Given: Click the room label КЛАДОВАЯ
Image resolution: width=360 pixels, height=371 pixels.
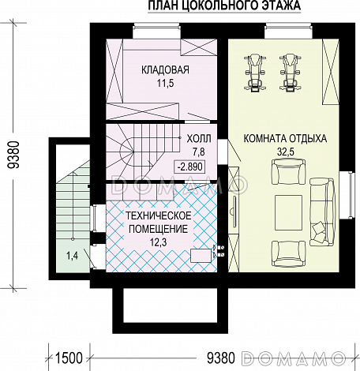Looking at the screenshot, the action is tap(165, 70).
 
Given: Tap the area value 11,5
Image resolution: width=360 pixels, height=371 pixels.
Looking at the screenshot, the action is tap(166, 84).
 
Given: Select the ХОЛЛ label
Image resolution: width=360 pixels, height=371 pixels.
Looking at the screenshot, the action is tap(199, 139).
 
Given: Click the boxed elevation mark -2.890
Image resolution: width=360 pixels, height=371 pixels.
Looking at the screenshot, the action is tap(190, 167).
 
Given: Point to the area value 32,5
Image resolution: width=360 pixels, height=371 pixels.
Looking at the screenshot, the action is tap(285, 152).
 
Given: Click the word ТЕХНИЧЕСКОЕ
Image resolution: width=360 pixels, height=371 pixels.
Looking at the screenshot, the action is tap(159, 215).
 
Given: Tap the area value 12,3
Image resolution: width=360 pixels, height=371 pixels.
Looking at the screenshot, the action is tap(158, 242).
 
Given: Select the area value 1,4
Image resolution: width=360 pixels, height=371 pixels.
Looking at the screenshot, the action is tap(72, 255).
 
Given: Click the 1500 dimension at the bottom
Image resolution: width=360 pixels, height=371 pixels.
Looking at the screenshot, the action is tap(69, 358).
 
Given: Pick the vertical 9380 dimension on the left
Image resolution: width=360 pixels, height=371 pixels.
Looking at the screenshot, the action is tap(13, 155).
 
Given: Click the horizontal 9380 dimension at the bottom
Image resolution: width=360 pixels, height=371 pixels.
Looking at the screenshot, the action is tap(220, 358).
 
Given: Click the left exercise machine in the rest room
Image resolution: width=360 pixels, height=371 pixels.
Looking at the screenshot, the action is tap(254, 73).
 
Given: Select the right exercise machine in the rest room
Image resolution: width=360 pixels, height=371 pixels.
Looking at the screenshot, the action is tap(289, 73).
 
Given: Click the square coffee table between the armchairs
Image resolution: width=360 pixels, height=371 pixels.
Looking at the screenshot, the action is tap(289, 212).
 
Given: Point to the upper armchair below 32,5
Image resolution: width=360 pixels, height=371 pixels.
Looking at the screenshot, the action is tap(289, 172).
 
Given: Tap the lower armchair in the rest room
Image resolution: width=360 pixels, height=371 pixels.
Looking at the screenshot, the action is tap(289, 253).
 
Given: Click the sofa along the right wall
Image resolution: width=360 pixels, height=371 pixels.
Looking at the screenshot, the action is tap(322, 212).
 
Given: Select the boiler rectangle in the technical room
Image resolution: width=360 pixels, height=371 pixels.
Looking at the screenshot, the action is tap(201, 256).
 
